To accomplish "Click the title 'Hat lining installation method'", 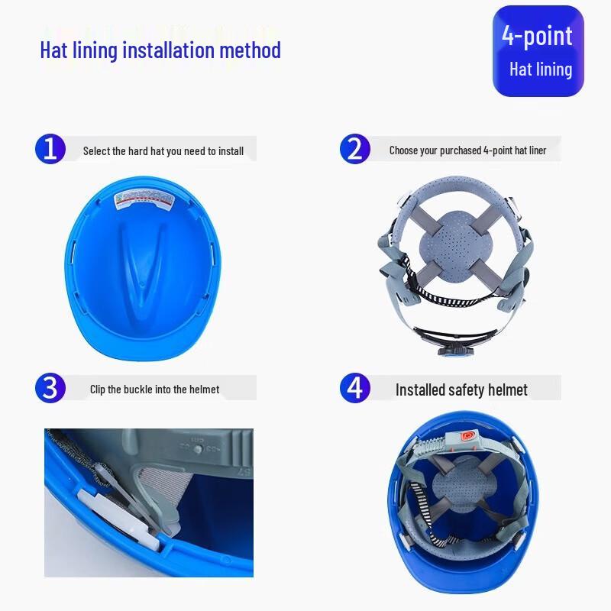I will click(160, 50).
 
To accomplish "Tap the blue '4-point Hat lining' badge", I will click(538, 51).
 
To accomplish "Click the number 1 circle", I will click(50, 148).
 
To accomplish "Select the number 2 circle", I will click(354, 148).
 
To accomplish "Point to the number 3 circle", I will click(50, 388).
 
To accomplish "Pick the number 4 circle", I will click(354, 388).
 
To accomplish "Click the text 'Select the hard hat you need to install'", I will click(163, 151).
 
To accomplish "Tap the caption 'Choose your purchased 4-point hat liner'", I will click(467, 150).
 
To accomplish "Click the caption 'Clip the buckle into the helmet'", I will click(154, 390).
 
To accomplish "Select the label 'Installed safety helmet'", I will click(461, 390).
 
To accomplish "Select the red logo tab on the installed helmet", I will click(469, 438).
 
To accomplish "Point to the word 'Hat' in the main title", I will click(55, 50).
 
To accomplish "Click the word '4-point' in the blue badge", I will click(537, 36).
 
